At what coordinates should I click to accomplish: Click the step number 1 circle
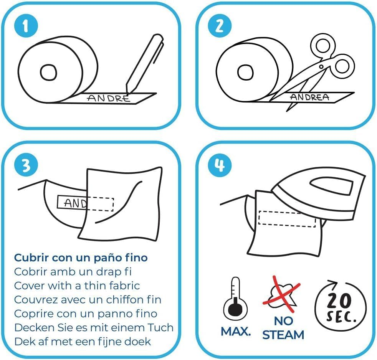pyautogui.click(x=26, y=26)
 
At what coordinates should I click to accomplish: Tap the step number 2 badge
pyautogui.click(x=220, y=26)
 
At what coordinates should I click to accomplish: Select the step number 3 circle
pyautogui.click(x=26, y=165)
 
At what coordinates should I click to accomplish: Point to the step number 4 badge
pyautogui.click(x=220, y=165)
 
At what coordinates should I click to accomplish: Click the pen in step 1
pyautogui.click(x=144, y=64)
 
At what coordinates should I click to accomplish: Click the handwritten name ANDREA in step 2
pyautogui.click(x=309, y=97)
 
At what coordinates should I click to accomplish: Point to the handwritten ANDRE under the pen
pyautogui.click(x=108, y=98)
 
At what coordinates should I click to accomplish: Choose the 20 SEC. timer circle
pyautogui.click(x=341, y=306)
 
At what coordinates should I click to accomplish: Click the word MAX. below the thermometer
pyautogui.click(x=236, y=332)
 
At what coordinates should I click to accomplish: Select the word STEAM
pyautogui.click(x=283, y=335)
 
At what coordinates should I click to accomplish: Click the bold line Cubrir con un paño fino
pyautogui.click(x=81, y=258)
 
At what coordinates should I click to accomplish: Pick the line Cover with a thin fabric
pyautogui.click(x=77, y=286)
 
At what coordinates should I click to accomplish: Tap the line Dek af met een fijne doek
pyautogui.click(x=83, y=342)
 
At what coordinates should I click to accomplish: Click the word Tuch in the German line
pyautogui.click(x=160, y=327)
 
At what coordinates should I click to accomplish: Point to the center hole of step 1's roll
pyautogui.click(x=49, y=72)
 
